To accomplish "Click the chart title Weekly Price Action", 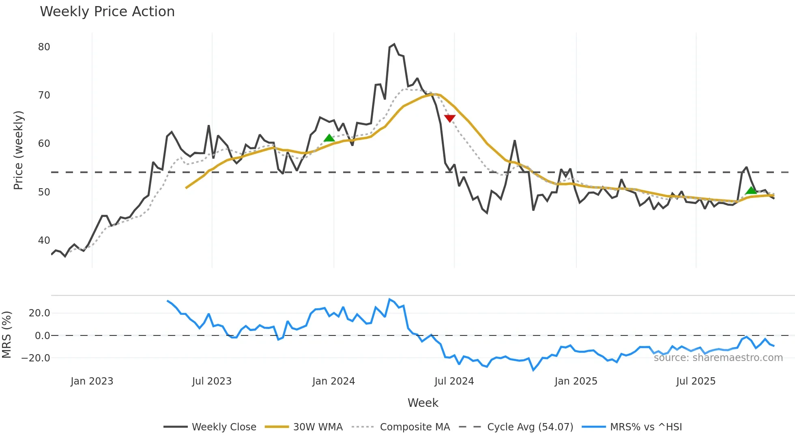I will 107,11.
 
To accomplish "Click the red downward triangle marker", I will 450,118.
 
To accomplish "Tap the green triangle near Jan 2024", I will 329,138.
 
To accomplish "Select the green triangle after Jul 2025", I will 751,190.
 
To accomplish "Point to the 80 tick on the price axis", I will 44,47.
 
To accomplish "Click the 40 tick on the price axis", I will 44,241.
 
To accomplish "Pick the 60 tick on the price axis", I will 44,144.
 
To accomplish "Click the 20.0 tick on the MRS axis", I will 39,313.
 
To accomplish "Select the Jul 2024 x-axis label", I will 454,381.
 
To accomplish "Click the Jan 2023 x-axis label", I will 92,381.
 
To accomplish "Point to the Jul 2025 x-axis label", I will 696,381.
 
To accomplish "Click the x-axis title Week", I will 423,403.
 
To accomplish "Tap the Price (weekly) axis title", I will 19,150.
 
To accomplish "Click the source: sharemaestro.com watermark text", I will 718,358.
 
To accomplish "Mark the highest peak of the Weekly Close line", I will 394,44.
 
